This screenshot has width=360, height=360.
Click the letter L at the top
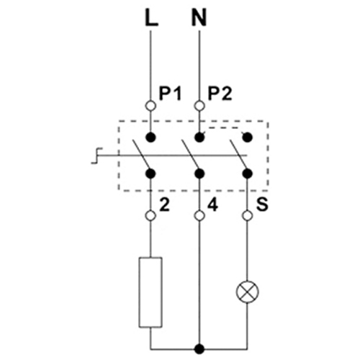point(152,18)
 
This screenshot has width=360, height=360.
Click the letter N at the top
point(199,18)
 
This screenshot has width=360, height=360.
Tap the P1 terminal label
point(170,94)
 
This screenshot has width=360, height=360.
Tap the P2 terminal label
point(220,94)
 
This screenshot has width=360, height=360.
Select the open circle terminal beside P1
point(150,106)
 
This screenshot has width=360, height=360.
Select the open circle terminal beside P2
point(199,106)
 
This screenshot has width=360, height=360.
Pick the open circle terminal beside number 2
point(150,216)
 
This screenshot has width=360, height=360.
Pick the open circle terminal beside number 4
point(199,216)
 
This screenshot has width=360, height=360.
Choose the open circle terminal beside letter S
point(248,216)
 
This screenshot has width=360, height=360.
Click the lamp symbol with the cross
point(248,292)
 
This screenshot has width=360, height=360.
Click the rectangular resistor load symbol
point(150,292)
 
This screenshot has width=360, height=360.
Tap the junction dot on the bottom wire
point(199,349)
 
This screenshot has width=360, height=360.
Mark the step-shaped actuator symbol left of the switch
point(96,156)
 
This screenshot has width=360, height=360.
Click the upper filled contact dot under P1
point(150,138)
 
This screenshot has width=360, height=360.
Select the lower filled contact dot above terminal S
point(248,174)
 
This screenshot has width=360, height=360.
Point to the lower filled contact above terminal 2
point(150,174)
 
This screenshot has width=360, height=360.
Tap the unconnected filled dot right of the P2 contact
point(248,138)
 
